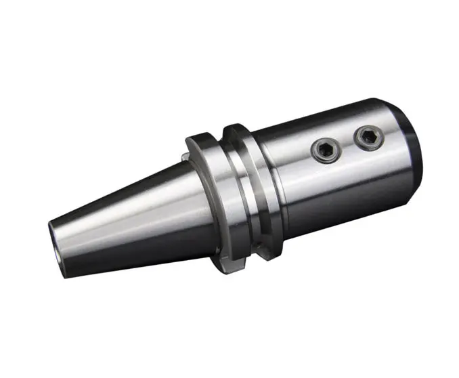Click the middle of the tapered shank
[x=129, y=217]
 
